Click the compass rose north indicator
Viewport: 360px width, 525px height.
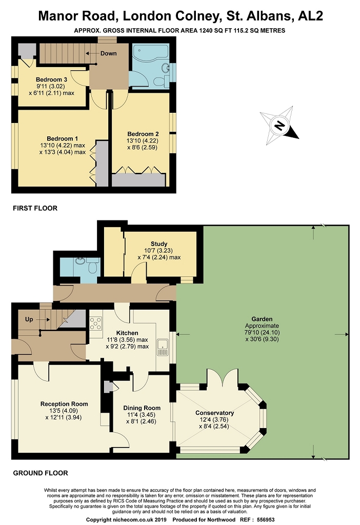(279, 126)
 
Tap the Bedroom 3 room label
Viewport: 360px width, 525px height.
(52, 79)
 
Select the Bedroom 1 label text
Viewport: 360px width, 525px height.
(62, 138)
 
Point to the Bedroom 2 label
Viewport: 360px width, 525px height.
(143, 134)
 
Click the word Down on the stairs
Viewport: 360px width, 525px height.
(109, 53)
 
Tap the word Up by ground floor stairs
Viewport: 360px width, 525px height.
(29, 319)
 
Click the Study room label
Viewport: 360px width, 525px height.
(159, 244)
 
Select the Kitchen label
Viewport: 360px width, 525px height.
(127, 333)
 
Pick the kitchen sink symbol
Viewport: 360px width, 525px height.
(163, 347)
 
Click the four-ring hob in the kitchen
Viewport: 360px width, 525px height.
(95, 323)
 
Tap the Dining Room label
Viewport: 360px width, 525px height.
(142, 408)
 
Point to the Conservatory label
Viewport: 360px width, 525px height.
(215, 413)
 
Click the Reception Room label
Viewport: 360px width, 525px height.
(64, 404)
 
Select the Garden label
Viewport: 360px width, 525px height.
(262, 319)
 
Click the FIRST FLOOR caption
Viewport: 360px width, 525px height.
(35, 208)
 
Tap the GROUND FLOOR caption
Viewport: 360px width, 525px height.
(41, 473)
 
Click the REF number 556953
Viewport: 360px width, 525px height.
(266, 520)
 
